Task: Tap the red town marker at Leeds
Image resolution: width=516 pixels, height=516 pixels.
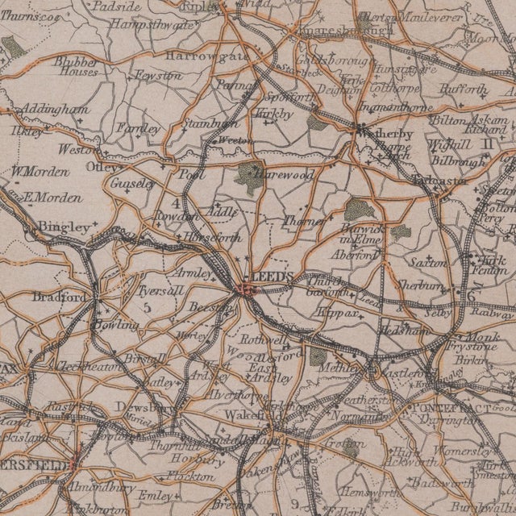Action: point(245,289)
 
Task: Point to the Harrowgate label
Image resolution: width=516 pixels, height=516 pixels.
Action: point(197,56)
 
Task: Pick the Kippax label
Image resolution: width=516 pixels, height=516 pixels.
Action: point(332,310)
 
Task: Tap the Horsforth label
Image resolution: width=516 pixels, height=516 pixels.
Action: point(212,239)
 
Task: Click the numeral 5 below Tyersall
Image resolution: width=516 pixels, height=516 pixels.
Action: point(148,307)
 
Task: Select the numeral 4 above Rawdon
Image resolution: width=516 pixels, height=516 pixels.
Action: point(176,203)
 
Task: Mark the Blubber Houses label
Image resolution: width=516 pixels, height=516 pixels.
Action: point(77,66)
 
